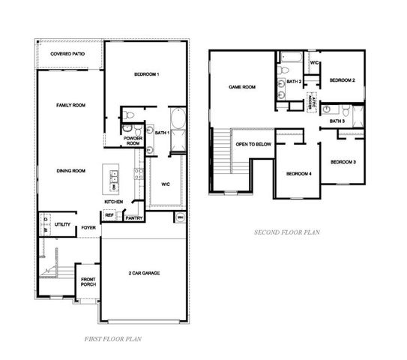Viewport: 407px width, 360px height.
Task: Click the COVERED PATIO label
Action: coord(67,54)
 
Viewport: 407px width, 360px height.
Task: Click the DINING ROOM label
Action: coord(71,170)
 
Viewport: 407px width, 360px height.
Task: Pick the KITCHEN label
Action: coord(113,202)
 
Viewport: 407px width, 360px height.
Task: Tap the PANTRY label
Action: coord(133,218)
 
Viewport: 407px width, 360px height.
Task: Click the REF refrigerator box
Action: coord(109,215)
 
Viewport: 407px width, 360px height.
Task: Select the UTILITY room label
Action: coord(62,224)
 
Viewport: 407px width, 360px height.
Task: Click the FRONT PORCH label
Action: coord(88,282)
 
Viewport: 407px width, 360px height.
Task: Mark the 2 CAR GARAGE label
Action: coord(145,273)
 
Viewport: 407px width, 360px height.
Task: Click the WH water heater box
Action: coord(180,217)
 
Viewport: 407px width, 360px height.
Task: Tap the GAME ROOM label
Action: coord(242,87)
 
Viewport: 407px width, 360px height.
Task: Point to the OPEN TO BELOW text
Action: coord(253,144)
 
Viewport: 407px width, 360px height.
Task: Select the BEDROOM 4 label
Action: coord(298,174)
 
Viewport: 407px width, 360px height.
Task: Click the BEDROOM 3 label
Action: coord(343,162)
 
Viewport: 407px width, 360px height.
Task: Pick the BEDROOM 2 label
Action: coord(343,79)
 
